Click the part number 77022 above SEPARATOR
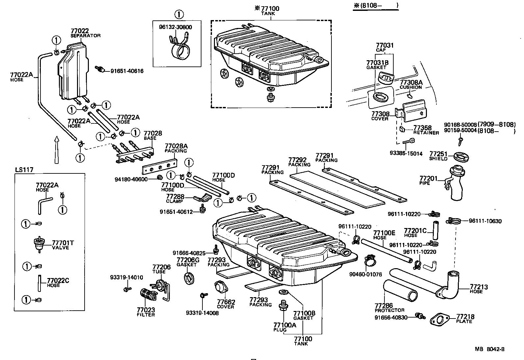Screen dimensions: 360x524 pyautogui.click(x=79, y=31)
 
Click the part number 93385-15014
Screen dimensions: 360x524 pyautogui.click(x=406, y=153)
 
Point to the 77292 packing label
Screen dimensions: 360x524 pyautogui.click(x=299, y=162)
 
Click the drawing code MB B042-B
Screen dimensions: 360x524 pyautogui.click(x=489, y=349)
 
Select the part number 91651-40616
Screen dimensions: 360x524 pyautogui.click(x=127, y=71)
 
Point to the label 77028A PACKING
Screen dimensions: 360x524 pyautogui.click(x=176, y=148)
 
